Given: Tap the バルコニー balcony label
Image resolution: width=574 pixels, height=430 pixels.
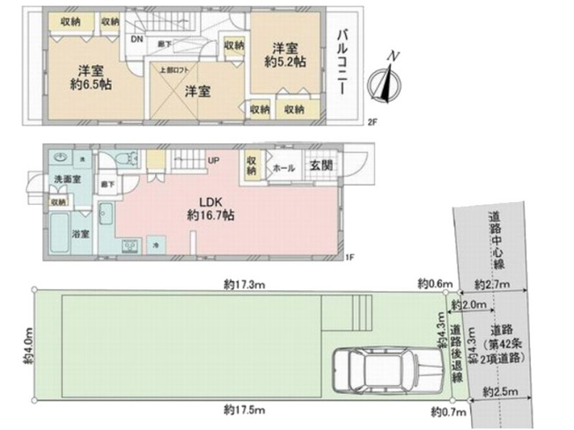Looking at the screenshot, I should click(344, 64).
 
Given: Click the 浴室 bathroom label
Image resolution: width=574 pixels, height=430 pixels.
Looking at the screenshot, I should click(82, 235).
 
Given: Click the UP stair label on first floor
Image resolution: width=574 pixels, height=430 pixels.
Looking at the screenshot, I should click(213, 160).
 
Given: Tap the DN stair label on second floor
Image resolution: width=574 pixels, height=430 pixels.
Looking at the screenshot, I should click(136, 39).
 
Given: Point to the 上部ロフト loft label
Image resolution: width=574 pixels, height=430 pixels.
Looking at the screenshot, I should click(172, 70).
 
